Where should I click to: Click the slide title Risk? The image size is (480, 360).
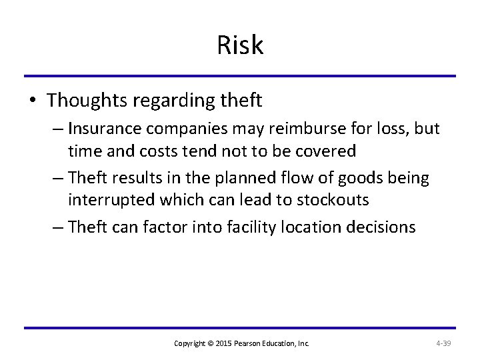[x=240, y=45]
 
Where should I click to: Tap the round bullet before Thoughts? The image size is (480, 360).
[x=33, y=101]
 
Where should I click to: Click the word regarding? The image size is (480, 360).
[x=173, y=102]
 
